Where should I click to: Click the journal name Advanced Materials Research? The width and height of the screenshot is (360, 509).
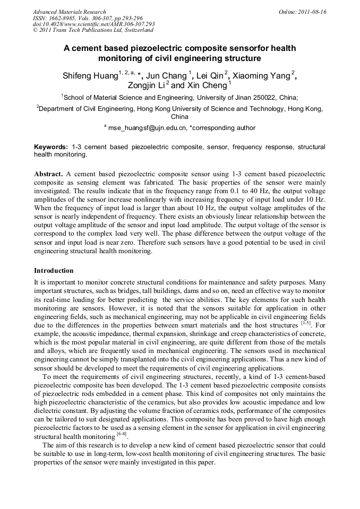coord(69,12)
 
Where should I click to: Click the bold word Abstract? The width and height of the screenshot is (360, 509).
coord(49,174)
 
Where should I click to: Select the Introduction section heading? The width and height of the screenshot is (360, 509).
coord(54,271)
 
